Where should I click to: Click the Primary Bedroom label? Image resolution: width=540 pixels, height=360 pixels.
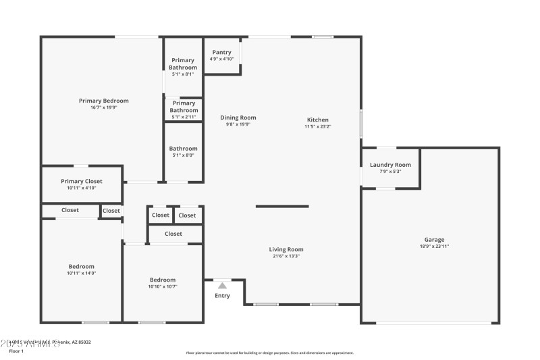(x=103, y=101)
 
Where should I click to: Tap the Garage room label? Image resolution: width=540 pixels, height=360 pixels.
(x=434, y=240)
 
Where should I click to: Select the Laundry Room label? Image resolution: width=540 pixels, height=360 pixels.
(x=390, y=165)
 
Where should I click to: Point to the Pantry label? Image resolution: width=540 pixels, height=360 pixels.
(x=221, y=52)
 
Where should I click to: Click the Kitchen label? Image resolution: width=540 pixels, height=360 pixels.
(x=317, y=120)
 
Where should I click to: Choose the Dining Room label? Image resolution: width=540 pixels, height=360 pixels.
(x=238, y=118)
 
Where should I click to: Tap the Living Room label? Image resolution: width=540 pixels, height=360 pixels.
(x=287, y=249)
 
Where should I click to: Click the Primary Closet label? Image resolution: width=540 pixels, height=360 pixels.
(x=81, y=181)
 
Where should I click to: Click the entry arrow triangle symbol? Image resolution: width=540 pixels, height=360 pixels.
(x=222, y=286)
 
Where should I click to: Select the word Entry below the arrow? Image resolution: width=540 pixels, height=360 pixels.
(x=222, y=296)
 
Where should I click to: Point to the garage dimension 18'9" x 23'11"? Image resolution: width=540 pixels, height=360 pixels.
(x=434, y=247)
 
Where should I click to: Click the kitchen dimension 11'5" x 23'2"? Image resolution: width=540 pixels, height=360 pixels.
(x=317, y=126)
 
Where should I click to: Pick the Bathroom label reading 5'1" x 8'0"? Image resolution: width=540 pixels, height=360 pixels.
(x=183, y=149)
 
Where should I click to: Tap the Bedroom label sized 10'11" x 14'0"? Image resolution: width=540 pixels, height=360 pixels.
(x=81, y=266)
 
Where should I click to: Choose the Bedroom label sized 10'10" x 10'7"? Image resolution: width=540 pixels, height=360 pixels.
(x=163, y=280)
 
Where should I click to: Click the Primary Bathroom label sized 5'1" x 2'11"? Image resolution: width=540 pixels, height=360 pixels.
(x=184, y=107)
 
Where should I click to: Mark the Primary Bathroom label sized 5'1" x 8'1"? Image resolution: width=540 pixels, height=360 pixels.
(x=183, y=64)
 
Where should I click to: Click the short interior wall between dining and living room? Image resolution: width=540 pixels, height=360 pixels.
(x=282, y=206)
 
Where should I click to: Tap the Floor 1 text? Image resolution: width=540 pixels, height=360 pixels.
(x=16, y=351)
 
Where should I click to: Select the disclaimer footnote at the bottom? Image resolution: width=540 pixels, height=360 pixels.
(x=270, y=353)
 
